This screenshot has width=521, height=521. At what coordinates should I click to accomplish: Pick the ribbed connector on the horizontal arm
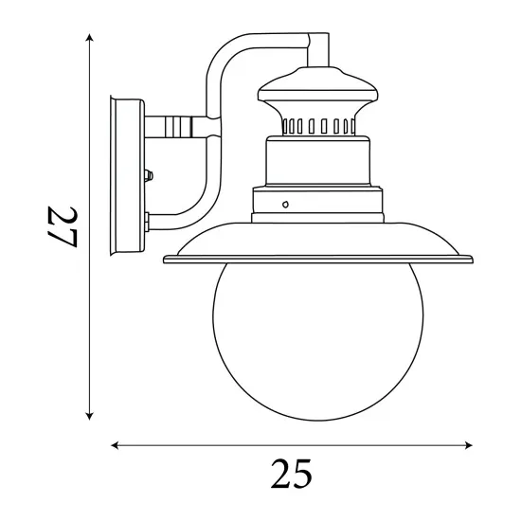(x=177, y=125)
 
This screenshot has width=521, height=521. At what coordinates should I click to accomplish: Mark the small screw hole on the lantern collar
(x=286, y=203)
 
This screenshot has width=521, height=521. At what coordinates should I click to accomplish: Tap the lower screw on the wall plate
(x=148, y=220)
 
